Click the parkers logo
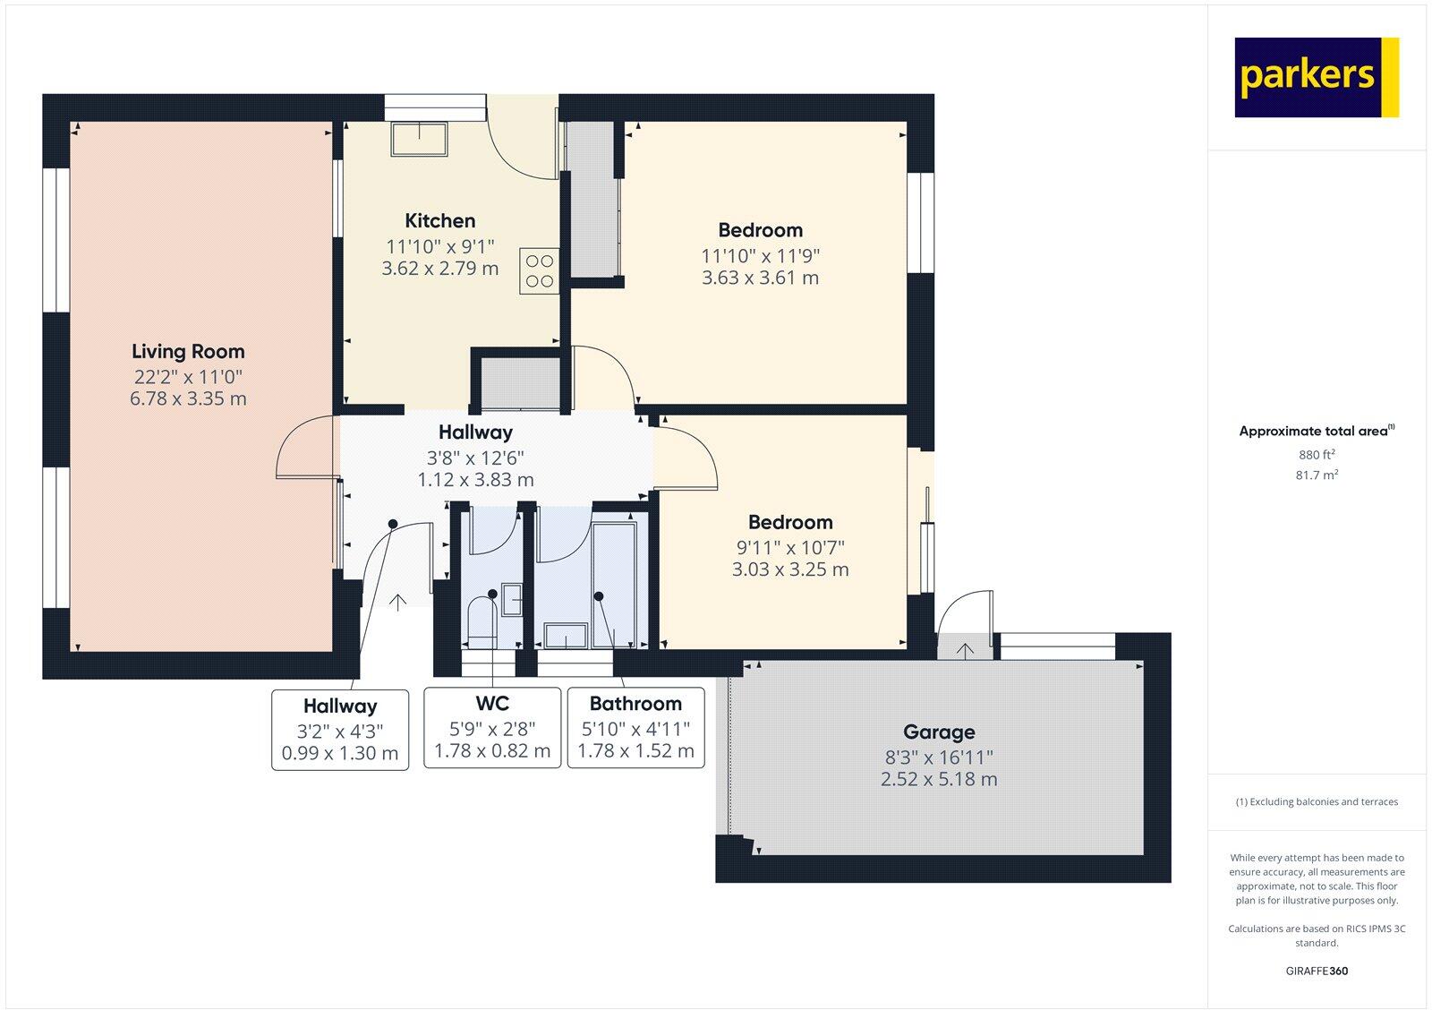tap(1316, 77)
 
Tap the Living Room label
tap(188, 352)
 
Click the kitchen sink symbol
tap(419, 139)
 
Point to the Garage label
tap(939, 732)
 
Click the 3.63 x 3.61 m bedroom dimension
tap(760, 278)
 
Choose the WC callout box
tap(492, 727)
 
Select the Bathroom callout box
tap(635, 727)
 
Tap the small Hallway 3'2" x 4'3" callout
tap(340, 730)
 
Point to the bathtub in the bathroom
tap(614, 582)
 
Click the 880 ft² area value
tap(1317, 455)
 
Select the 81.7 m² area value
tap(1317, 475)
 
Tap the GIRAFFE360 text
tap(1317, 971)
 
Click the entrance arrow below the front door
tap(396, 602)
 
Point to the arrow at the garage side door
tap(965, 651)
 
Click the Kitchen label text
tap(439, 221)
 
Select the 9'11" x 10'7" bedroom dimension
tap(790, 547)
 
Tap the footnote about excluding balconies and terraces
tap(1317, 802)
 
